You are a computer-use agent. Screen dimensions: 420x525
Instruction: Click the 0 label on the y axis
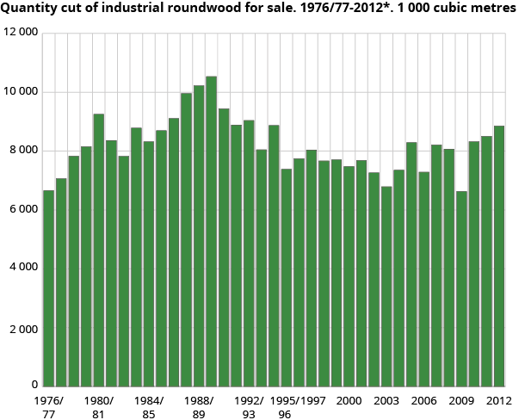34,386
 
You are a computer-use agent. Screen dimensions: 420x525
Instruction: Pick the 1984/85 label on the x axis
149,407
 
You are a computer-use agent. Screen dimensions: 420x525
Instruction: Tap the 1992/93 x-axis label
249,407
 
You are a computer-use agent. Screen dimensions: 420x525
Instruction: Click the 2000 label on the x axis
349,401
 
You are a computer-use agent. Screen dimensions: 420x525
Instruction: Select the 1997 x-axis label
312,401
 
